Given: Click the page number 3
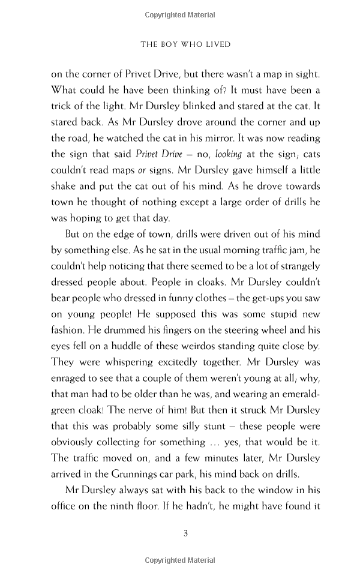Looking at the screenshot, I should point(185,532).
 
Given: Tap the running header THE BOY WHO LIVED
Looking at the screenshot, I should point(185,44).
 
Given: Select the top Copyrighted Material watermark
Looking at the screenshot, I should point(181,14).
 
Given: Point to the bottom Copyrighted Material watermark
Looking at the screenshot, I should point(181,560).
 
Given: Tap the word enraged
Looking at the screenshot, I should point(71,379).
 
